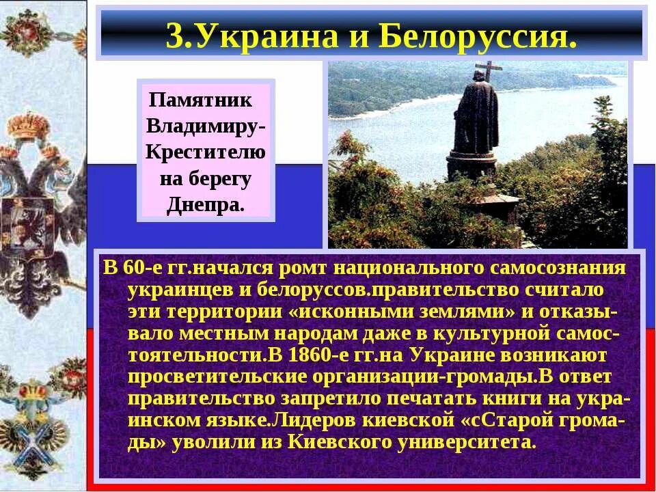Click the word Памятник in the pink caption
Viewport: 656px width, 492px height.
(201, 100)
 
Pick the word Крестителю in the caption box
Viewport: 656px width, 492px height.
(206, 153)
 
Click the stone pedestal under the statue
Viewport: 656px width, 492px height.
(472, 164)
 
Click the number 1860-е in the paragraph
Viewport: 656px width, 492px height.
(320, 355)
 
